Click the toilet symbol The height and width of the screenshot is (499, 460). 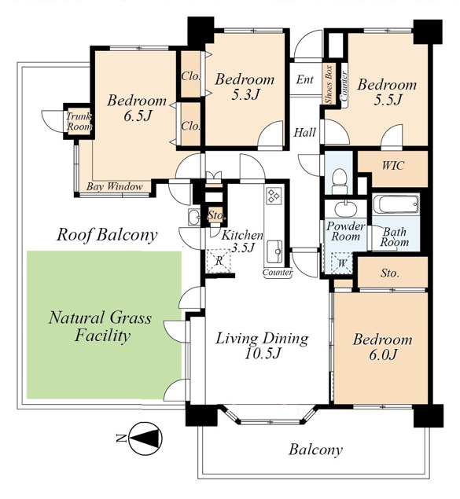[x=340, y=181]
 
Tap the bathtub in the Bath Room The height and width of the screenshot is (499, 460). [x=396, y=204]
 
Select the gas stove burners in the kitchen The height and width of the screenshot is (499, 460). [x=274, y=196]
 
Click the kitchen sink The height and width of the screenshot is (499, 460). [x=274, y=251]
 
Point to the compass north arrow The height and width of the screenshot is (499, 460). [x=145, y=438]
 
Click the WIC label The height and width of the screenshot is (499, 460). [x=393, y=166]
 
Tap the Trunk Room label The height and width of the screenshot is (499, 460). [x=79, y=122]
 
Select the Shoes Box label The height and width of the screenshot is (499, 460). [x=329, y=84]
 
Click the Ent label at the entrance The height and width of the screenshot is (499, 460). [x=304, y=79]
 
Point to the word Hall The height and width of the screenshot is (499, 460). [x=304, y=132]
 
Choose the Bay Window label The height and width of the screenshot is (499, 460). [x=114, y=186]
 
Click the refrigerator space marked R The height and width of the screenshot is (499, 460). [x=219, y=261]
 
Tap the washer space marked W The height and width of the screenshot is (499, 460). [x=342, y=263]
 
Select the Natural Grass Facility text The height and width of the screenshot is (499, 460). [x=101, y=326]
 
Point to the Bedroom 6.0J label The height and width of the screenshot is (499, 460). [x=382, y=347]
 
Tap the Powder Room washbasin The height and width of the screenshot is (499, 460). [x=346, y=209]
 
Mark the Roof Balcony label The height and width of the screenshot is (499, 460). [x=107, y=235]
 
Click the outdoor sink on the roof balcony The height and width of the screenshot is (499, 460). [x=193, y=217]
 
